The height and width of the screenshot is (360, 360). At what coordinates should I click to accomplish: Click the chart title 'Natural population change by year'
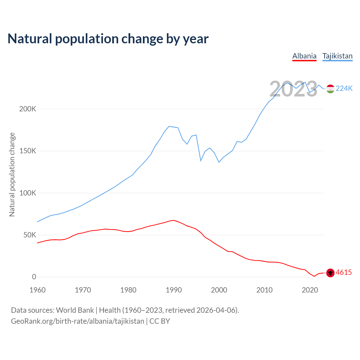(x=108, y=39)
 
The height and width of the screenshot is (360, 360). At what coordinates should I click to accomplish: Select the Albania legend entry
(x=304, y=56)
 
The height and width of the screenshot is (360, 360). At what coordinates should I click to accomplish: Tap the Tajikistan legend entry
(x=337, y=56)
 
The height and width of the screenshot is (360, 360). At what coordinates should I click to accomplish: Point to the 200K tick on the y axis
(x=28, y=109)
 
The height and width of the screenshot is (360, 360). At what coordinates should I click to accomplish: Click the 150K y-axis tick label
(x=28, y=151)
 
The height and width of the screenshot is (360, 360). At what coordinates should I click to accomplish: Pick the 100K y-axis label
(x=28, y=193)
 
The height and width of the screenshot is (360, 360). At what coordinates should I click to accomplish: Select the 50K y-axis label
(x=30, y=235)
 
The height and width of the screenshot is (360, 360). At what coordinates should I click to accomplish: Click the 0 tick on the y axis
(x=34, y=277)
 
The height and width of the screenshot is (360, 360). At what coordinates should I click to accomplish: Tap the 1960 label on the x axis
(x=37, y=290)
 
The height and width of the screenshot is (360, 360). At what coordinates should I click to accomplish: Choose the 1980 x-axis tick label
(x=128, y=290)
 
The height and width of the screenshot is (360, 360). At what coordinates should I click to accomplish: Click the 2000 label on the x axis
(x=219, y=290)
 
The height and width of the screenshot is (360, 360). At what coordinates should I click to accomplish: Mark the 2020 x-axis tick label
(x=310, y=290)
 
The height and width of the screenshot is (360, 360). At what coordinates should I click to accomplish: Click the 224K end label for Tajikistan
(x=344, y=89)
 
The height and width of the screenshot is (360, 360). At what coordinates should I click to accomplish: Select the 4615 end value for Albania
(x=344, y=273)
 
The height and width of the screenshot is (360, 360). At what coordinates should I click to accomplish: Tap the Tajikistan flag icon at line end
(x=330, y=89)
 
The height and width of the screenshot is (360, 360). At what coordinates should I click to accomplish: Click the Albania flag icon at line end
(x=330, y=273)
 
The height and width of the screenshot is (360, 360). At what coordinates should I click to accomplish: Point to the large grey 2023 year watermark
(x=293, y=89)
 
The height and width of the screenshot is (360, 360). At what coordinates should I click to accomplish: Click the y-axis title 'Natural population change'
(x=12, y=174)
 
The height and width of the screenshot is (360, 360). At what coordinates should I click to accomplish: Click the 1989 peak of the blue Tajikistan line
(x=169, y=126)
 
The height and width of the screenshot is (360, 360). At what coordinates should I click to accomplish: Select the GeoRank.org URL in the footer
(x=78, y=321)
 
